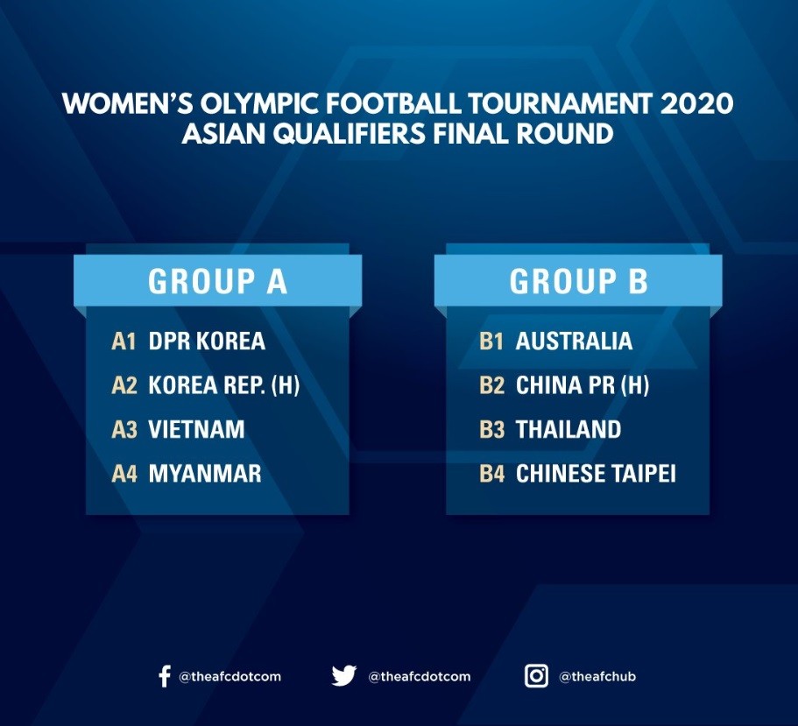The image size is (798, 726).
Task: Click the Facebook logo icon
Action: coord(165,676)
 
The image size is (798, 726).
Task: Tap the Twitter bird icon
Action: coord(344,676)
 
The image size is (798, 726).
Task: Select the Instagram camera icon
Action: coord(536,676)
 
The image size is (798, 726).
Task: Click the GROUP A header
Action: coord(218,281)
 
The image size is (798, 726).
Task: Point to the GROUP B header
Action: coord(579,281)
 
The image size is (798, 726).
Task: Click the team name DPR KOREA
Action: coord(207,341)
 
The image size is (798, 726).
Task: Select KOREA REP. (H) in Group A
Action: coord(224,385)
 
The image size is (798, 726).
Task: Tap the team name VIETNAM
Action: coord(196,429)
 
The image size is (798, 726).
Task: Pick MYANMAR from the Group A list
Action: coord(205,474)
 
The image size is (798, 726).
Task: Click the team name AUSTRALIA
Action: coord(574,341)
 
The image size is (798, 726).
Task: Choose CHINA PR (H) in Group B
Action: coord(583,385)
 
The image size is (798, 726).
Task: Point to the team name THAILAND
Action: coord(568,429)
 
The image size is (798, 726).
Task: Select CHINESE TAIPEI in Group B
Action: coord(596,474)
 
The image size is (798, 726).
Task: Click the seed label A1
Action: coord(124,342)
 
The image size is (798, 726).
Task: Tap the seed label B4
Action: coord(491,474)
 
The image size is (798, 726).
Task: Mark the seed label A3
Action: coord(124,429)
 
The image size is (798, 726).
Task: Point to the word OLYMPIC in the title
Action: coord(259,103)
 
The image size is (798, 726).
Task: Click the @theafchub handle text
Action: coord(597,677)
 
